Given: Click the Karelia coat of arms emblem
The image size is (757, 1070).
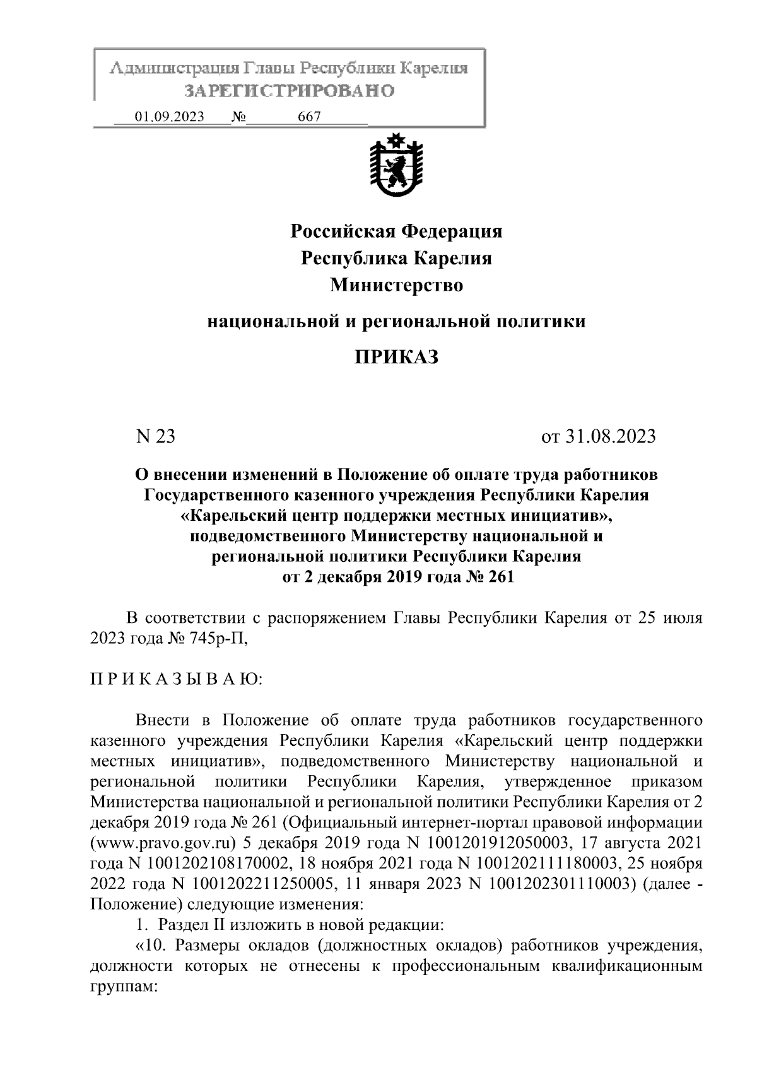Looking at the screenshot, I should pos(396,166).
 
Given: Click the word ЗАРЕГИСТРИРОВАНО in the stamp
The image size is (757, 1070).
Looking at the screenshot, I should pos(290,91).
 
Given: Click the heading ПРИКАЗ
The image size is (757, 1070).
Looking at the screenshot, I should pos(396,358).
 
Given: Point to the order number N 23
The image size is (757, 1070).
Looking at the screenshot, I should pos(155,436).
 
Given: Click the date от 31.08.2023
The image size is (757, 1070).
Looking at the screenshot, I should pos(598,436).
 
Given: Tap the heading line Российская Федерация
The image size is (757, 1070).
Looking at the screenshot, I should pos(396,231).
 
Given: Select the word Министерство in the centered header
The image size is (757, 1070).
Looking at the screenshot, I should pos(396,286).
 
